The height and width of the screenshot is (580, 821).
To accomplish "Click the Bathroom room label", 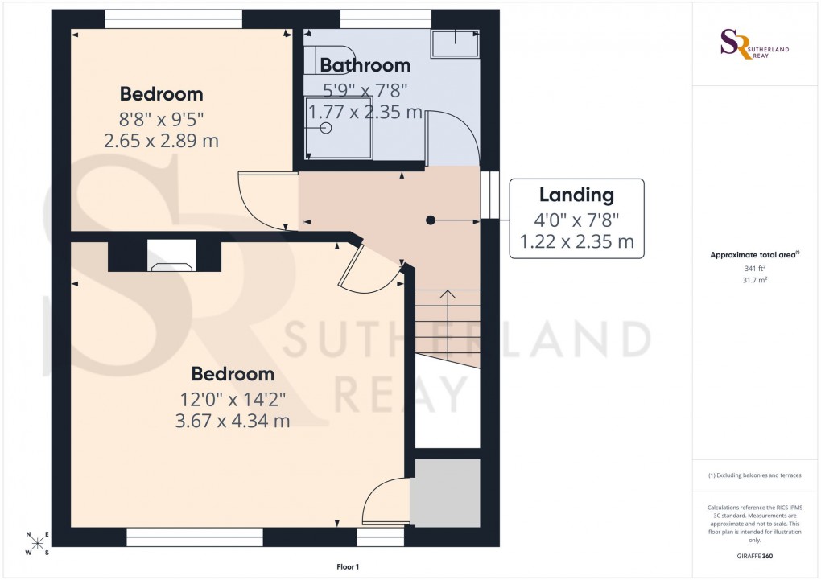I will (x=365, y=65).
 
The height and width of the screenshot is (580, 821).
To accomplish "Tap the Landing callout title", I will (x=576, y=195).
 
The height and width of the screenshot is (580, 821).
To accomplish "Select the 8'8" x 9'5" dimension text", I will (x=161, y=120).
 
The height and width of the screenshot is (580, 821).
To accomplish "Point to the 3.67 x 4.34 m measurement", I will (x=232, y=420).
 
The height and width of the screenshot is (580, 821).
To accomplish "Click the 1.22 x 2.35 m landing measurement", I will (x=576, y=241).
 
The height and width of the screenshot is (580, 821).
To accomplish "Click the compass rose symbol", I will (x=37, y=543).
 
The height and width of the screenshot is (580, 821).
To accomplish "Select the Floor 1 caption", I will (x=349, y=567).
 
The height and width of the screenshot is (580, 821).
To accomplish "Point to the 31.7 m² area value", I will (x=754, y=281).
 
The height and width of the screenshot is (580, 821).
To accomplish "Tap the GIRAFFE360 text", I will (x=754, y=556).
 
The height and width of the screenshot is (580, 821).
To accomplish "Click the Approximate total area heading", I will (x=753, y=255).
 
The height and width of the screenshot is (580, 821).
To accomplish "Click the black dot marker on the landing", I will (x=431, y=219).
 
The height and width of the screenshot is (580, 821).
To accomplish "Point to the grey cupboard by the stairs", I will (x=445, y=493).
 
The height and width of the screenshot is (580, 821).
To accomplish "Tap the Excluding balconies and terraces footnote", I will (x=754, y=475).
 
